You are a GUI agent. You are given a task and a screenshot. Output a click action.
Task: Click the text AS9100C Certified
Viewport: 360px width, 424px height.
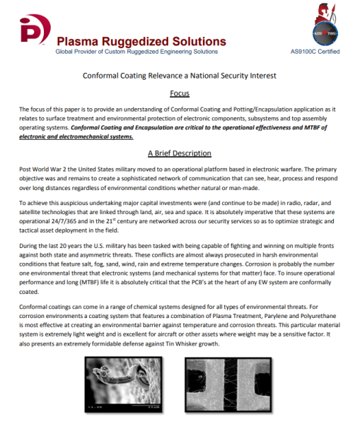pos(315,52)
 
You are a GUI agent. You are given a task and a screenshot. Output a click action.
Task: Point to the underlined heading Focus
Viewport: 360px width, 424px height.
pos(179,93)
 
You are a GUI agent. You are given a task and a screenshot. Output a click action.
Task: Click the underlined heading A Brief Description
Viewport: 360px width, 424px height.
pos(179,153)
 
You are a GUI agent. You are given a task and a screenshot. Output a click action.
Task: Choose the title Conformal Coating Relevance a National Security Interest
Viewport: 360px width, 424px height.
pos(180,75)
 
